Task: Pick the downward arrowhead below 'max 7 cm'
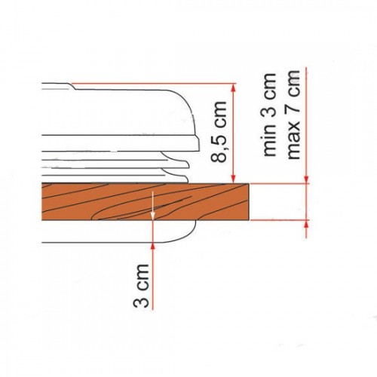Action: point(307,179)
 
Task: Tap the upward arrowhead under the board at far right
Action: point(307,224)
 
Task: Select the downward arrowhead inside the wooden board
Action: point(153,217)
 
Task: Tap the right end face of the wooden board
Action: point(249,202)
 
